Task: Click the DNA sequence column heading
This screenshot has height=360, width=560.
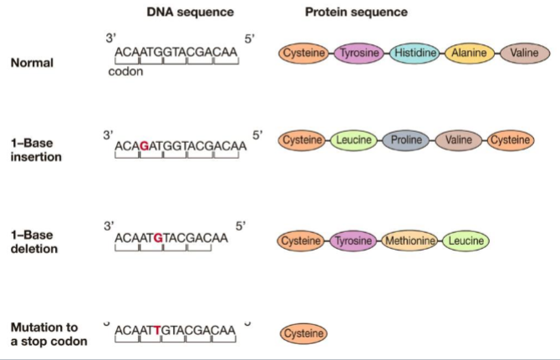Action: click(190, 13)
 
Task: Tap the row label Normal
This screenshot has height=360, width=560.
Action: click(33, 62)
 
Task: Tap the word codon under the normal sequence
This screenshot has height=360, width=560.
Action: click(126, 71)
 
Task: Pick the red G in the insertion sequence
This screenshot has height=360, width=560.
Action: click(145, 145)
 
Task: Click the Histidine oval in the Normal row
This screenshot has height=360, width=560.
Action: click(415, 53)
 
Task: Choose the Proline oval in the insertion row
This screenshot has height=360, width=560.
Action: click(407, 140)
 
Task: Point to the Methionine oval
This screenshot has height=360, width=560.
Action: click(410, 241)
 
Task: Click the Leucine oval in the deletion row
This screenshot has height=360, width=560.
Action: click(465, 241)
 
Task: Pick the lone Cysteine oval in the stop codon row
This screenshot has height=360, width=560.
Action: click(303, 333)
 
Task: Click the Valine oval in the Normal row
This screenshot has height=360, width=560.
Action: click(525, 53)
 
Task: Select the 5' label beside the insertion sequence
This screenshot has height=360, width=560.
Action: click(257, 134)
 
